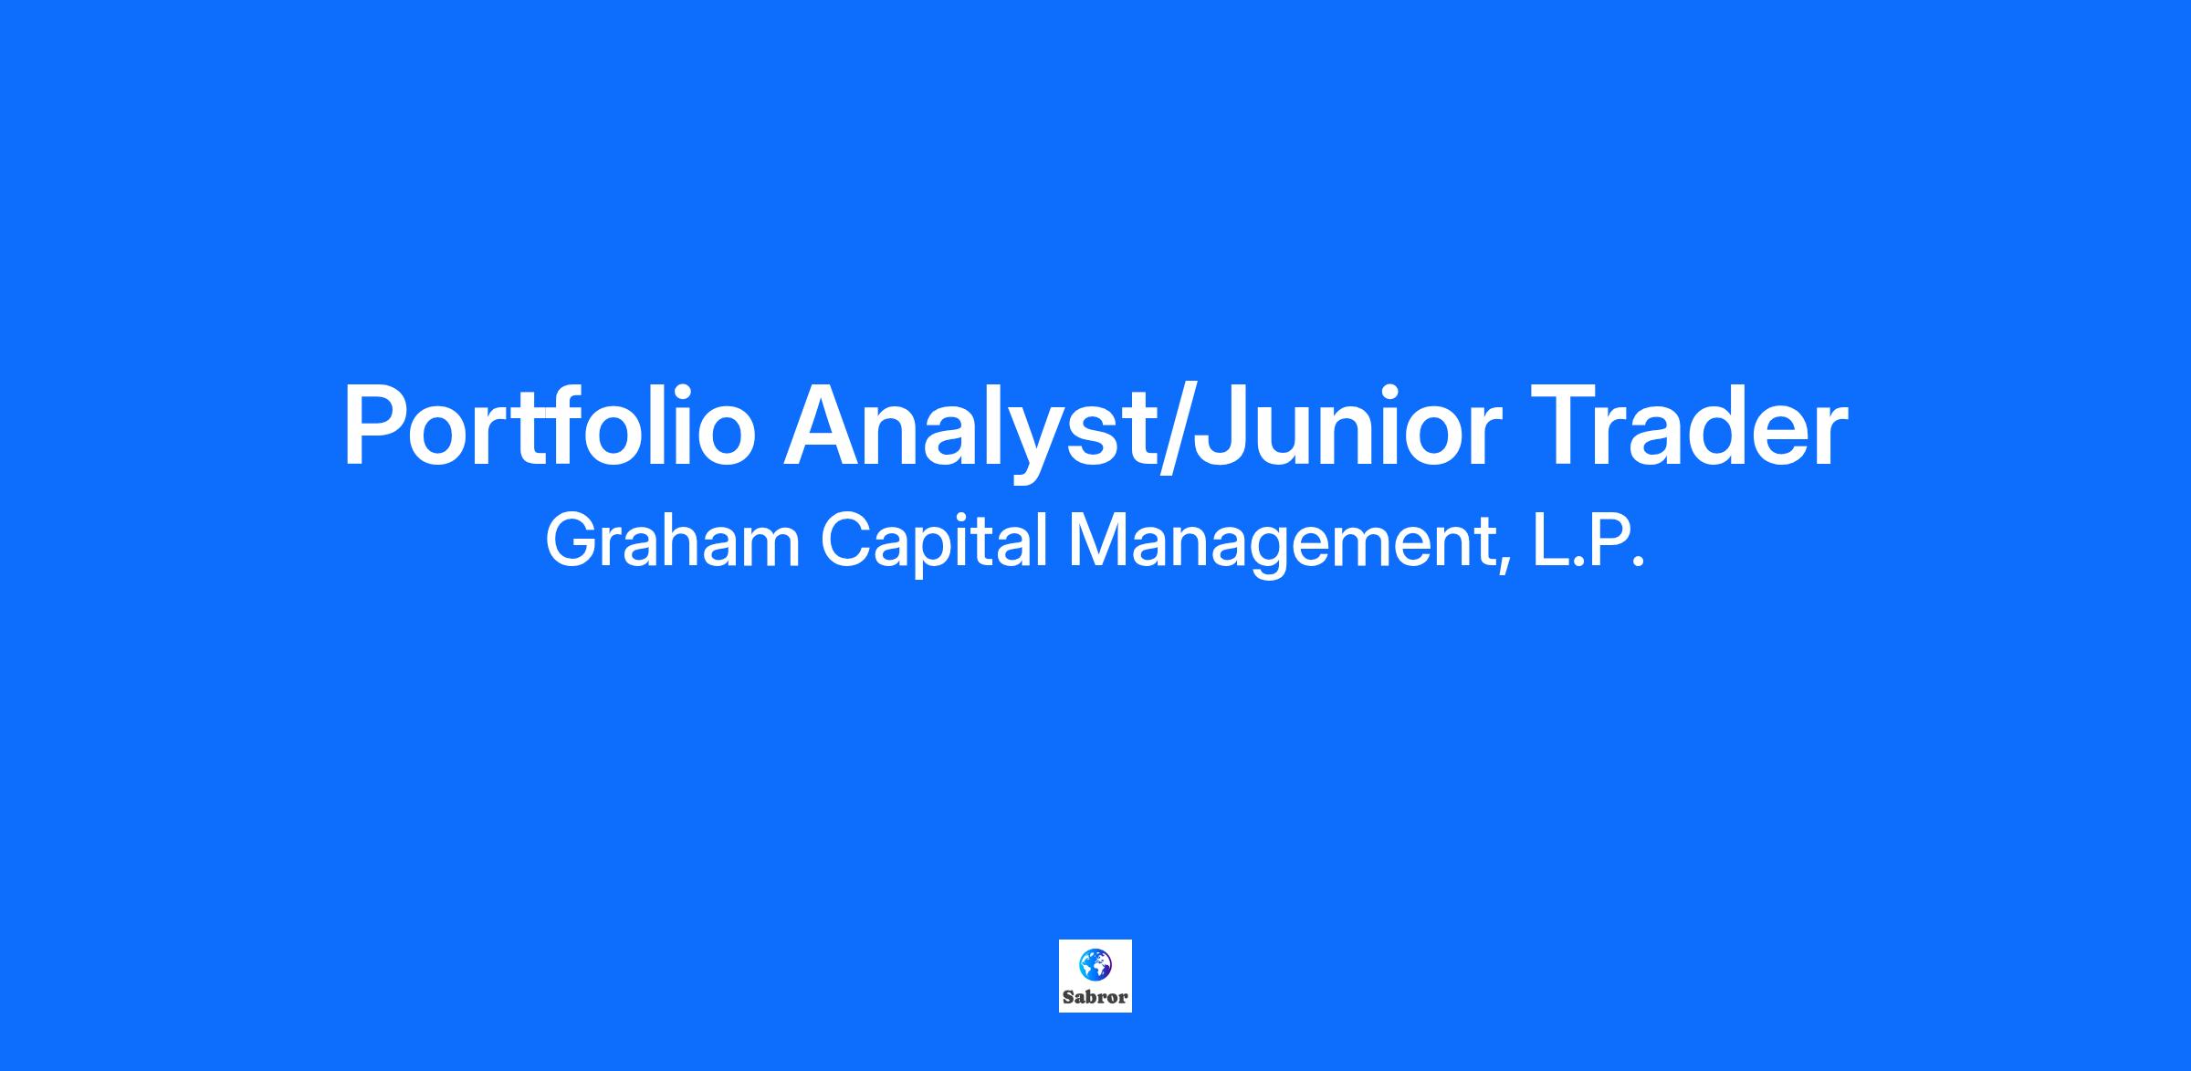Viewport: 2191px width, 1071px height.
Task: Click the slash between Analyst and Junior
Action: (1173, 427)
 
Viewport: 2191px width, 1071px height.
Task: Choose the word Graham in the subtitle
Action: (672, 541)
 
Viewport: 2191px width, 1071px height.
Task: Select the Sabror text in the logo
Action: (1095, 998)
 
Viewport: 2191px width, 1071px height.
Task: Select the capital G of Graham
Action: (571, 541)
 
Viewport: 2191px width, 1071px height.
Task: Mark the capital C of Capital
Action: (846, 541)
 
